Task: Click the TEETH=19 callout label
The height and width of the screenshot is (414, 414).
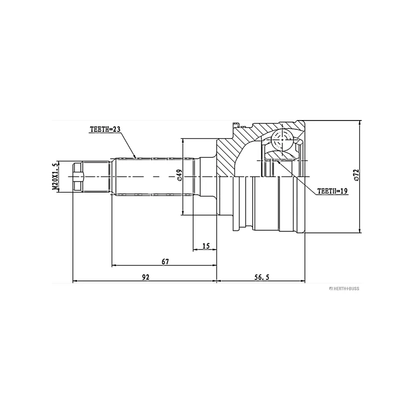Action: [332, 191]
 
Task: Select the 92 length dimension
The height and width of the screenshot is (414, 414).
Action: [145, 277]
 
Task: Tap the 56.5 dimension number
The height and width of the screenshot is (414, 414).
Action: [261, 277]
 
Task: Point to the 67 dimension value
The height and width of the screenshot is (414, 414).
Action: [165, 262]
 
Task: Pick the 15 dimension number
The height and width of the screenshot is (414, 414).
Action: [205, 246]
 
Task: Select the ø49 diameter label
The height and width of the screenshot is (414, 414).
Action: [179, 176]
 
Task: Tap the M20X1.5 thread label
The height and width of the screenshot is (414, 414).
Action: [54, 176]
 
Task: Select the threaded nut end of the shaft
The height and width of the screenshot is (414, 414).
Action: [78, 176]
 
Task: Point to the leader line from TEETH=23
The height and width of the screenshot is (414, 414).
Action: [128, 145]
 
